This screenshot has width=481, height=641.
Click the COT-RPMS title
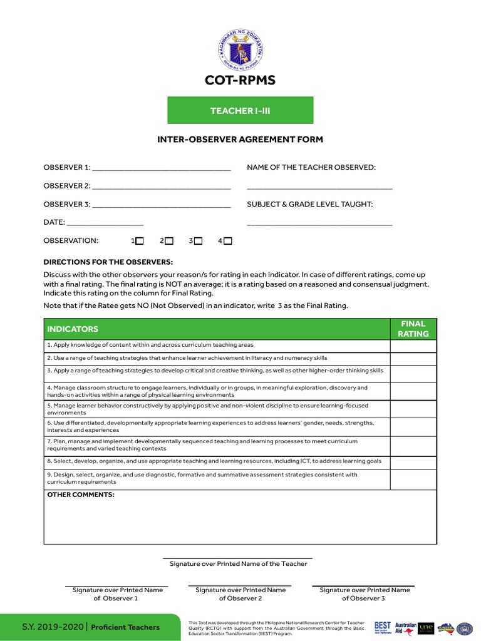click(240, 81)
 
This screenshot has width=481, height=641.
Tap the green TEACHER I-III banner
click(240, 110)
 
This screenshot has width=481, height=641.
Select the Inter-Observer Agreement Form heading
click(240, 139)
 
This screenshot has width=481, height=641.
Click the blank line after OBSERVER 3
click(161, 205)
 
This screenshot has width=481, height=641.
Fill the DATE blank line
click(105, 223)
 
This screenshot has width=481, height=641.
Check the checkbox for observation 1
click(140, 241)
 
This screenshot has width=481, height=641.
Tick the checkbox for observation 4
click(228, 241)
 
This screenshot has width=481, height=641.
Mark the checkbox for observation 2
click(169, 241)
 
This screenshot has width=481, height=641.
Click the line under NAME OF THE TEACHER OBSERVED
click(319, 187)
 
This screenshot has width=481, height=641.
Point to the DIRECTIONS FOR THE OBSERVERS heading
click(108, 262)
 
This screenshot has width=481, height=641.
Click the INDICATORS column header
click(73, 329)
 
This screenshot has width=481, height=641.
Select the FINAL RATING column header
click(413, 329)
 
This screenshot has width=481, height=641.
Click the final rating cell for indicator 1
click(413, 346)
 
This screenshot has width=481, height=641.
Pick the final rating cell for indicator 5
click(413, 409)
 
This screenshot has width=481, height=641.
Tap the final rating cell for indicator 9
click(413, 479)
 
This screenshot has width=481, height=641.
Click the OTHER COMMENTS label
click(81, 495)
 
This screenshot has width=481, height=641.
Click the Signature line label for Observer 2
click(240, 594)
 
